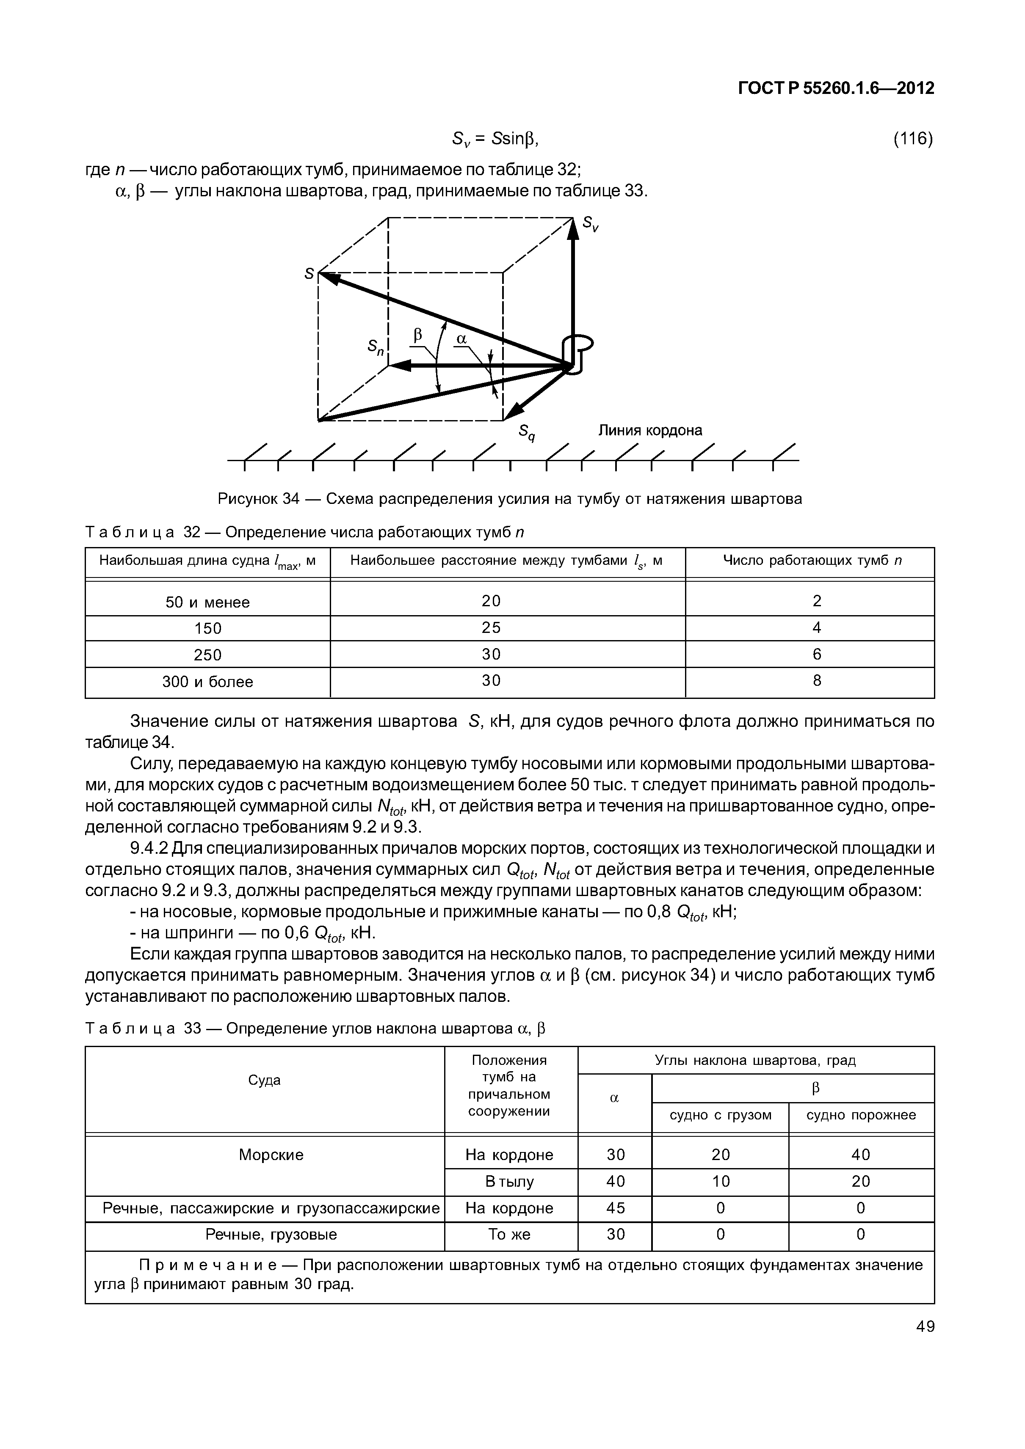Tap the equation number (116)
(912, 139)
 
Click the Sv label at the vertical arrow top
(591, 223)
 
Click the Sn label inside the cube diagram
(376, 346)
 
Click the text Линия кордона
(650, 430)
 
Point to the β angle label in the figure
(417, 336)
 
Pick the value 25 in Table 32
(491, 628)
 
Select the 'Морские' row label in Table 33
(271, 1155)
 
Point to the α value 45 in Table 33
(615, 1208)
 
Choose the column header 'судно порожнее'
(860, 1115)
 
